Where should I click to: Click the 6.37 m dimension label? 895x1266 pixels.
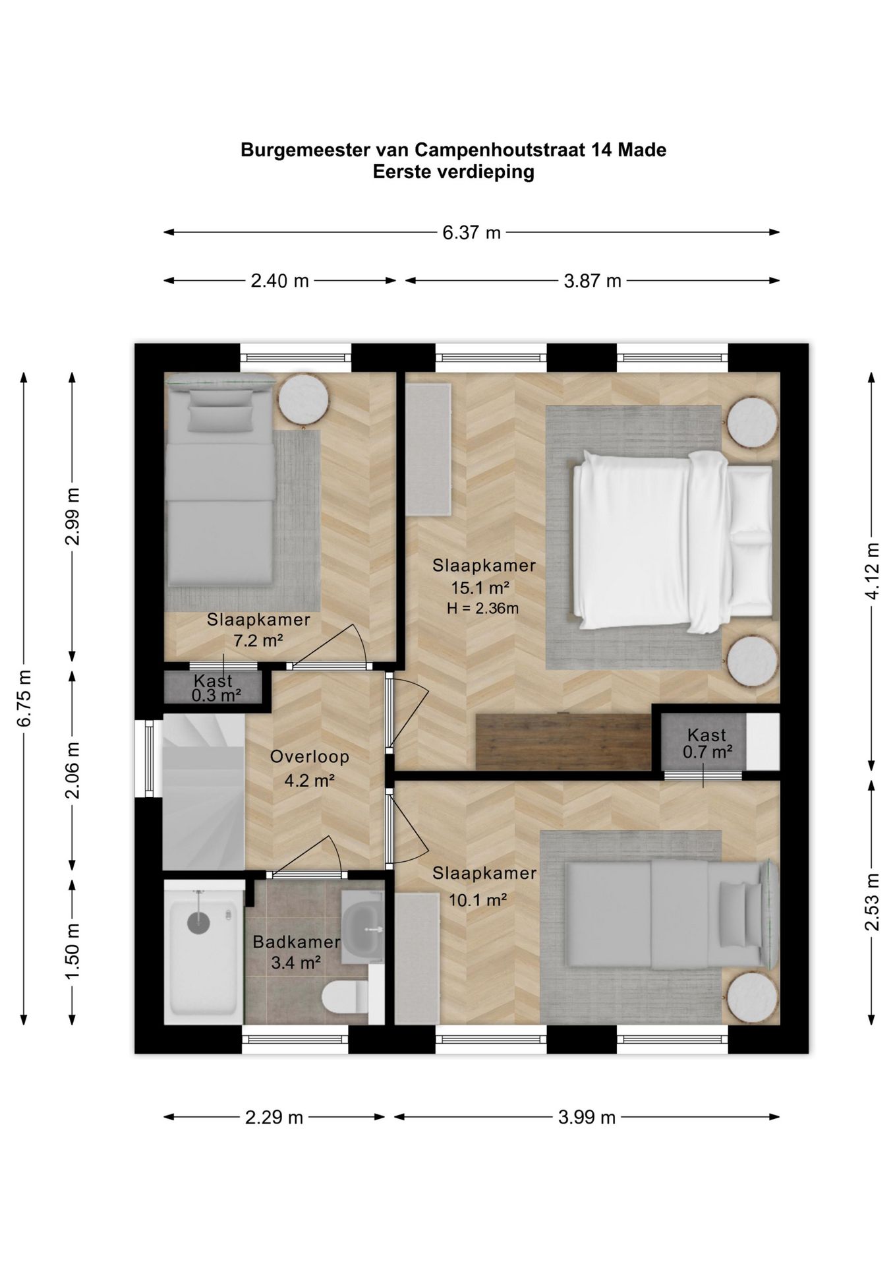471,232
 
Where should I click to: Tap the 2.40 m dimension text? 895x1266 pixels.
279,281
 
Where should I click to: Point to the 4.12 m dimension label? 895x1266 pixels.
872,571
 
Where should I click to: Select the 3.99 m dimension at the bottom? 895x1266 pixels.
587,1117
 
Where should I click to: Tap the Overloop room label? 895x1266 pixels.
309,757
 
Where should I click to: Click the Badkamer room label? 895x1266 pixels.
297,942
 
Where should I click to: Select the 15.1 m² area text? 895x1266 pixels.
480,588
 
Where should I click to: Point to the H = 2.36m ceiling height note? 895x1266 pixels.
482,609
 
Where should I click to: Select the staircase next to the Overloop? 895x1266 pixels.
204,792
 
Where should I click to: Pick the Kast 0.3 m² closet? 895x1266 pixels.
214,687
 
